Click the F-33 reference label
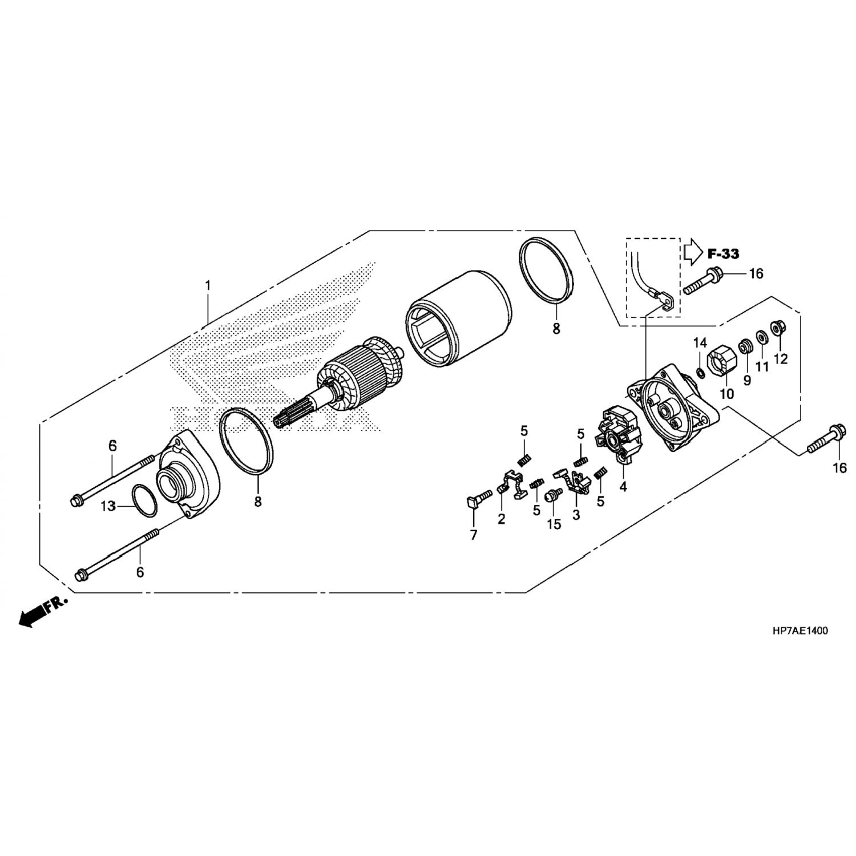point(723,253)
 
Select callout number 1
point(208,284)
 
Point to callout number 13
point(108,506)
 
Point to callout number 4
point(623,487)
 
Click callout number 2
point(501,520)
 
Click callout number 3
point(576,515)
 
